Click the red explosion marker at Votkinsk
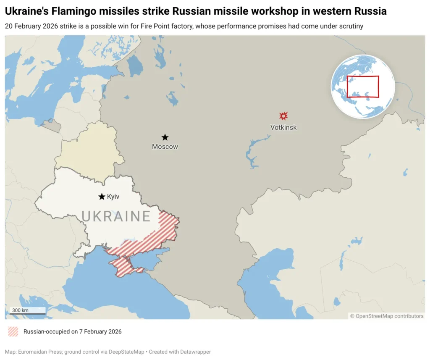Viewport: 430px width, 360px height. (283, 116)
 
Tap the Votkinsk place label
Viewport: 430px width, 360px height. (283, 127)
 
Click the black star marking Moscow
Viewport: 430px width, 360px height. (165, 137)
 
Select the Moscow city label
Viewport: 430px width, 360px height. (165, 147)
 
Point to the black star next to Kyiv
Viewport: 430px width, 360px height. (102, 197)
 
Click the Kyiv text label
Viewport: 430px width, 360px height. (113, 197)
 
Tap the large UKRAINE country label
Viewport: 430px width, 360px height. (116, 216)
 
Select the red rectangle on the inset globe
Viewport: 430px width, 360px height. (363, 86)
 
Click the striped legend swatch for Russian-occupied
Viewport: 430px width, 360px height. (13, 331)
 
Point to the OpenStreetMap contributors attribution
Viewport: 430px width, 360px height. (387, 316)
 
